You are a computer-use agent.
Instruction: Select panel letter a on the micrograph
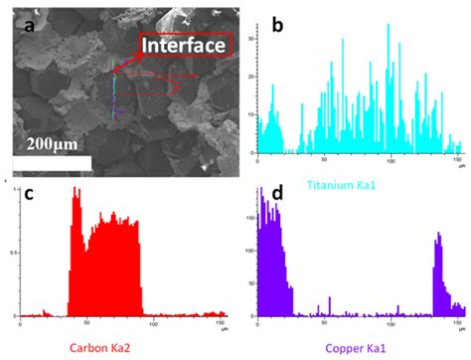(x=29, y=24)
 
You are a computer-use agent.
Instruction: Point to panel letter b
(x=277, y=23)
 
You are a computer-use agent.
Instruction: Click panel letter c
(x=30, y=195)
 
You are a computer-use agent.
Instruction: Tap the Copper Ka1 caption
(x=346, y=347)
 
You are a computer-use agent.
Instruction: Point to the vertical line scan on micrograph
(x=114, y=94)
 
